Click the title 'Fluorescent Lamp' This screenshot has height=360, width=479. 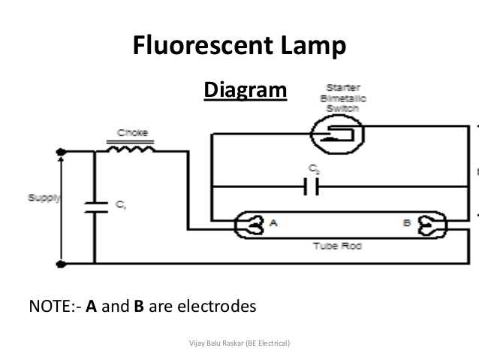[239, 47]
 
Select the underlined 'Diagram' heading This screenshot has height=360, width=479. [245, 91]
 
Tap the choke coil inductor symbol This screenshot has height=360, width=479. [131, 150]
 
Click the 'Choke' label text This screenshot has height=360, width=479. [131, 134]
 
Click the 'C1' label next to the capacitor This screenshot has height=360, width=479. [120, 204]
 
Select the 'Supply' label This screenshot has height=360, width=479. [44, 198]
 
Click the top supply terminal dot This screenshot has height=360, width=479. [61, 152]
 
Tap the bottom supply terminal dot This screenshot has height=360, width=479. [61, 264]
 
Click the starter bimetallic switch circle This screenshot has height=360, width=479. [337, 135]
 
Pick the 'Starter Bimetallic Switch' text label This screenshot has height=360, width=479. [339, 98]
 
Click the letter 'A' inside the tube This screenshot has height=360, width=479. [273, 222]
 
